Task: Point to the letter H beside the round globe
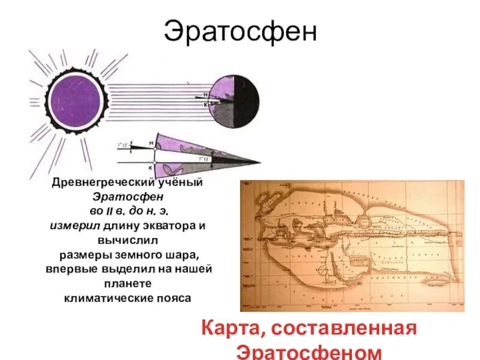pos(205,95)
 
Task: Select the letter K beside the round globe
pos(205,104)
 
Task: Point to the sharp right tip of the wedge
pos(260,162)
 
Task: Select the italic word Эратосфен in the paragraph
pos(128,197)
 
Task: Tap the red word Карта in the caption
pos(233,329)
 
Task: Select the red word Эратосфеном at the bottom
pos(308,351)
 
